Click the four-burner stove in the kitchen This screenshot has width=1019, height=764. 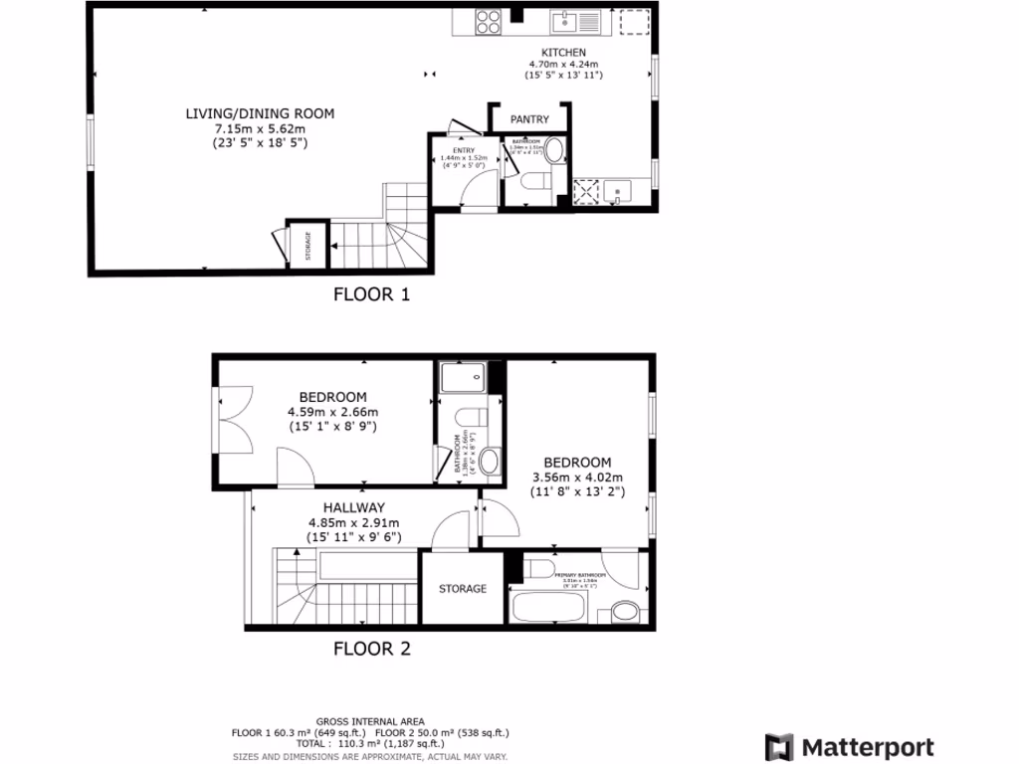pos(488,22)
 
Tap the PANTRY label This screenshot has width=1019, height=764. pos(529,119)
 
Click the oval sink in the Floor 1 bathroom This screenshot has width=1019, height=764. pos(554,151)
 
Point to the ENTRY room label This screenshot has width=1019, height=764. pos(464,150)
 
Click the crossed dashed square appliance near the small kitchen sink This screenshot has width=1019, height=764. pos(586,191)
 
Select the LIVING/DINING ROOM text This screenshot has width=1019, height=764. pos(260,113)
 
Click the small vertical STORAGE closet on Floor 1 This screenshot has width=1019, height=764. pos(306,244)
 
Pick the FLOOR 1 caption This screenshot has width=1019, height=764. pos(370,294)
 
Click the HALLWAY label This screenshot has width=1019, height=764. pos(352,507)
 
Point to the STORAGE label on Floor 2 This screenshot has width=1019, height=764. pos(463,589)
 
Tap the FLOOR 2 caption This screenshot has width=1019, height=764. pos(370,650)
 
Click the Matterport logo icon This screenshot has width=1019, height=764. pos(780,747)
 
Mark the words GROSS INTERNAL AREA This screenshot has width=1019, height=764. pos(370,721)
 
